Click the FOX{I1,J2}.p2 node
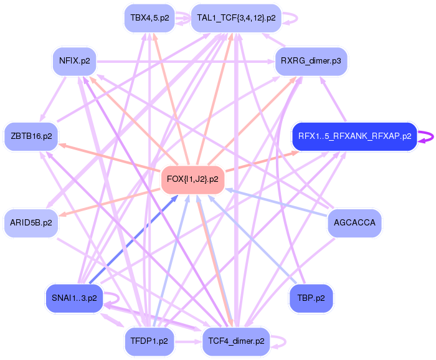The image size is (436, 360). pyautogui.click(x=193, y=179)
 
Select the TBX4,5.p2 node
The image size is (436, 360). pyautogui.click(x=150, y=17)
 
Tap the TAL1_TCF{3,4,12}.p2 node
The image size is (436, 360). pyautogui.click(x=236, y=17)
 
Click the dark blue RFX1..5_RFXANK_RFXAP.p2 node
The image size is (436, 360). pyautogui.click(x=354, y=136)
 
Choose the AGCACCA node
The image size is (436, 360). pyautogui.click(x=354, y=222)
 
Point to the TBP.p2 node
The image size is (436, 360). pyautogui.click(x=311, y=298)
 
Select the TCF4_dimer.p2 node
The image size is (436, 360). pyautogui.click(x=236, y=341)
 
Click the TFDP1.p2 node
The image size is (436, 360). pyautogui.click(x=150, y=341)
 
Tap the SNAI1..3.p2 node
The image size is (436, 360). pyautogui.click(x=74, y=298)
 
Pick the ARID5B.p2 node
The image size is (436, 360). pyautogui.click(x=31, y=222)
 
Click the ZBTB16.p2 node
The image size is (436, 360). pyautogui.click(x=31, y=136)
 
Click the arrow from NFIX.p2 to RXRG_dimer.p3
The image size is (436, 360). pyautogui.click(x=187, y=61)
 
